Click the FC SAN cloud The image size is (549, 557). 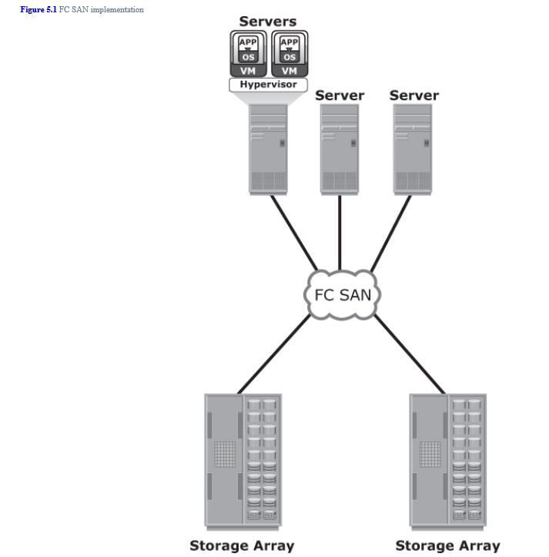point(342,295)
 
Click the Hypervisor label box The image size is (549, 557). point(268,85)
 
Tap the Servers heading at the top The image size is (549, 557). point(267,22)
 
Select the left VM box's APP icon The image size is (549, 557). point(248,42)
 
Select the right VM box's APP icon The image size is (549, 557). point(289,42)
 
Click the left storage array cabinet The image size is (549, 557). point(243,460)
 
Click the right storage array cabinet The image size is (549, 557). point(447,460)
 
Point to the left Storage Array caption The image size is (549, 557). point(242,545)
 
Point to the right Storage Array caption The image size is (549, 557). point(447,545)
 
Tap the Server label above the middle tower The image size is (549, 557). point(340,96)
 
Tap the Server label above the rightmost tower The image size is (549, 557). point(413,96)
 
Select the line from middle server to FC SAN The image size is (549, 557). point(340,231)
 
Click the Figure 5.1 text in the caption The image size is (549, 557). point(38,9)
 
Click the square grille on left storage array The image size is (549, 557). point(225,453)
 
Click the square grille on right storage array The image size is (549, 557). point(430,453)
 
